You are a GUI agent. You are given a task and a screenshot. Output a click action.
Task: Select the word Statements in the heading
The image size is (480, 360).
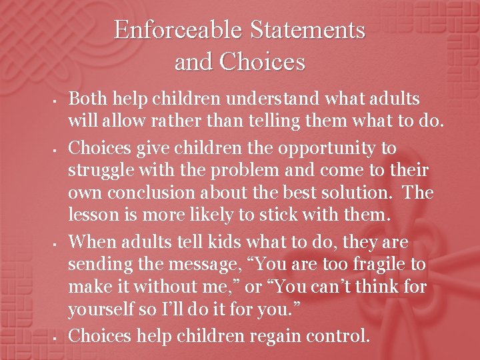click(308, 30)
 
